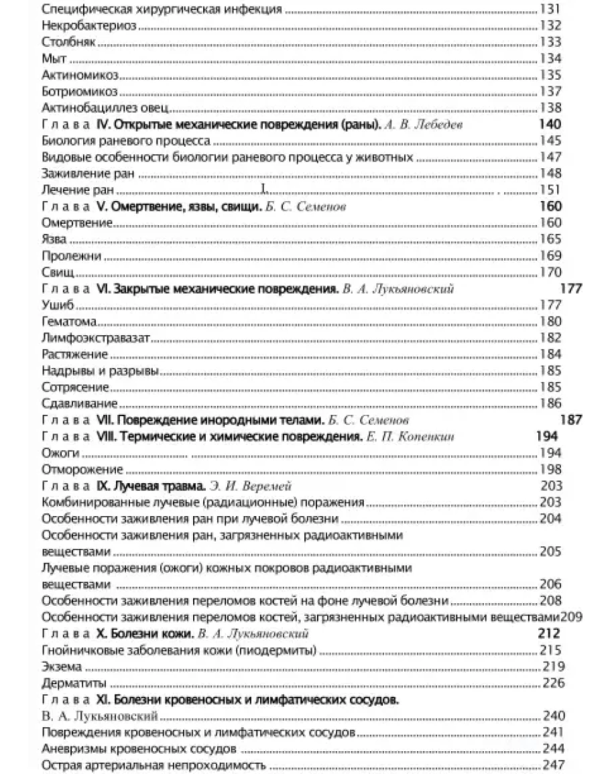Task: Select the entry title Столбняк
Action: point(67,42)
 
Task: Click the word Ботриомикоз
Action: point(79,91)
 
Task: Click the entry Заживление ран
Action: point(88,174)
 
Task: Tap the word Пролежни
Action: point(71,255)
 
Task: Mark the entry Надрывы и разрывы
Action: point(99,371)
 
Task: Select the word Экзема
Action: point(61,667)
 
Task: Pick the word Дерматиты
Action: point(74,684)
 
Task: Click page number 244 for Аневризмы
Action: point(553,749)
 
